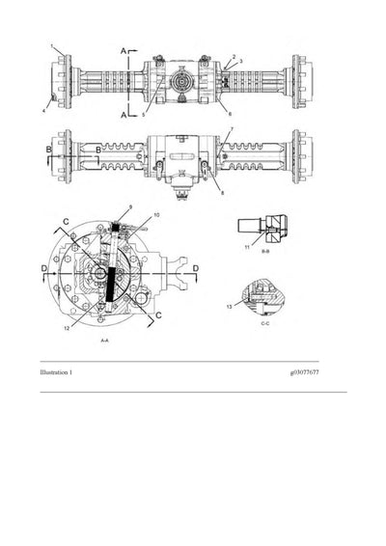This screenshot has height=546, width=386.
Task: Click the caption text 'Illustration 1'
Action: pyautogui.click(x=57, y=371)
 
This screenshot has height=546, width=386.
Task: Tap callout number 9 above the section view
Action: pyautogui.click(x=128, y=208)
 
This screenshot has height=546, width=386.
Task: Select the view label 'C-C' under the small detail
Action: pyautogui.click(x=265, y=324)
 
